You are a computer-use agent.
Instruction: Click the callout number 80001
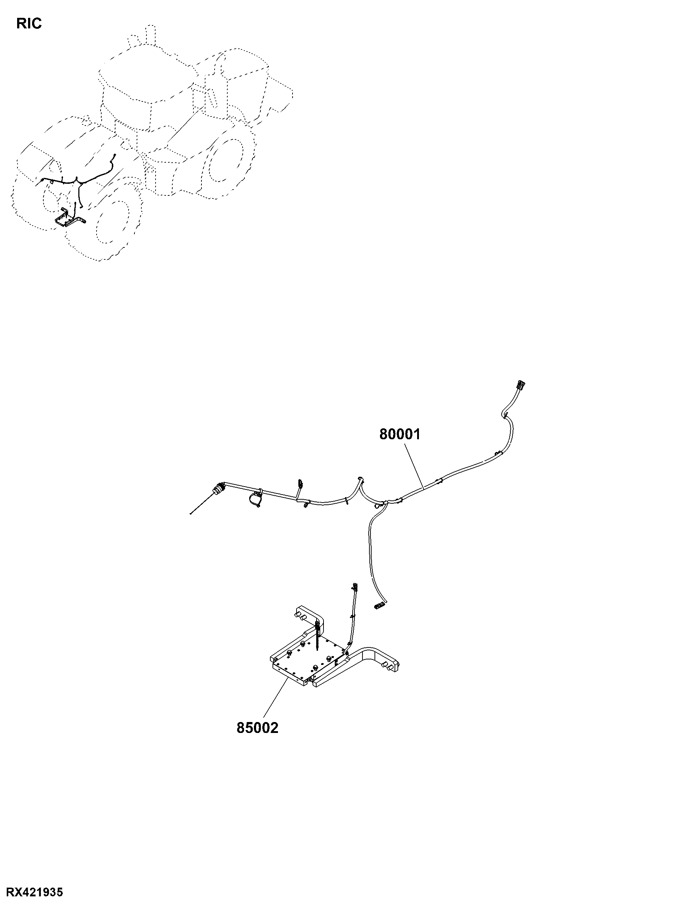(400, 434)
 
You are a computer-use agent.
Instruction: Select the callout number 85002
(257, 727)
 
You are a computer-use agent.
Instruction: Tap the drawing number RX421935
(32, 892)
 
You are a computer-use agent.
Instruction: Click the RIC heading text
(29, 24)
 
